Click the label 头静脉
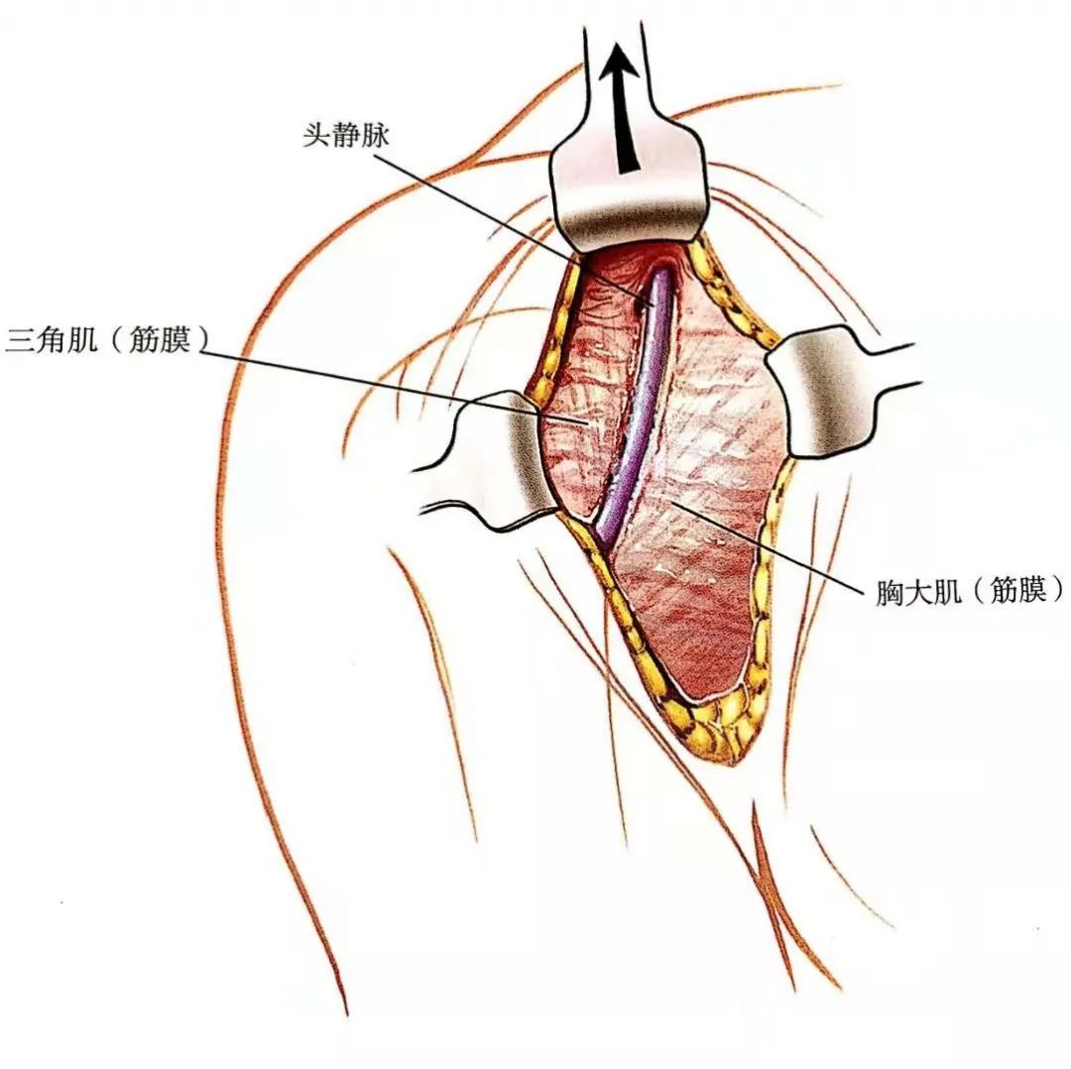tap(346, 137)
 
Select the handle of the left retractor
tap(436, 486)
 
